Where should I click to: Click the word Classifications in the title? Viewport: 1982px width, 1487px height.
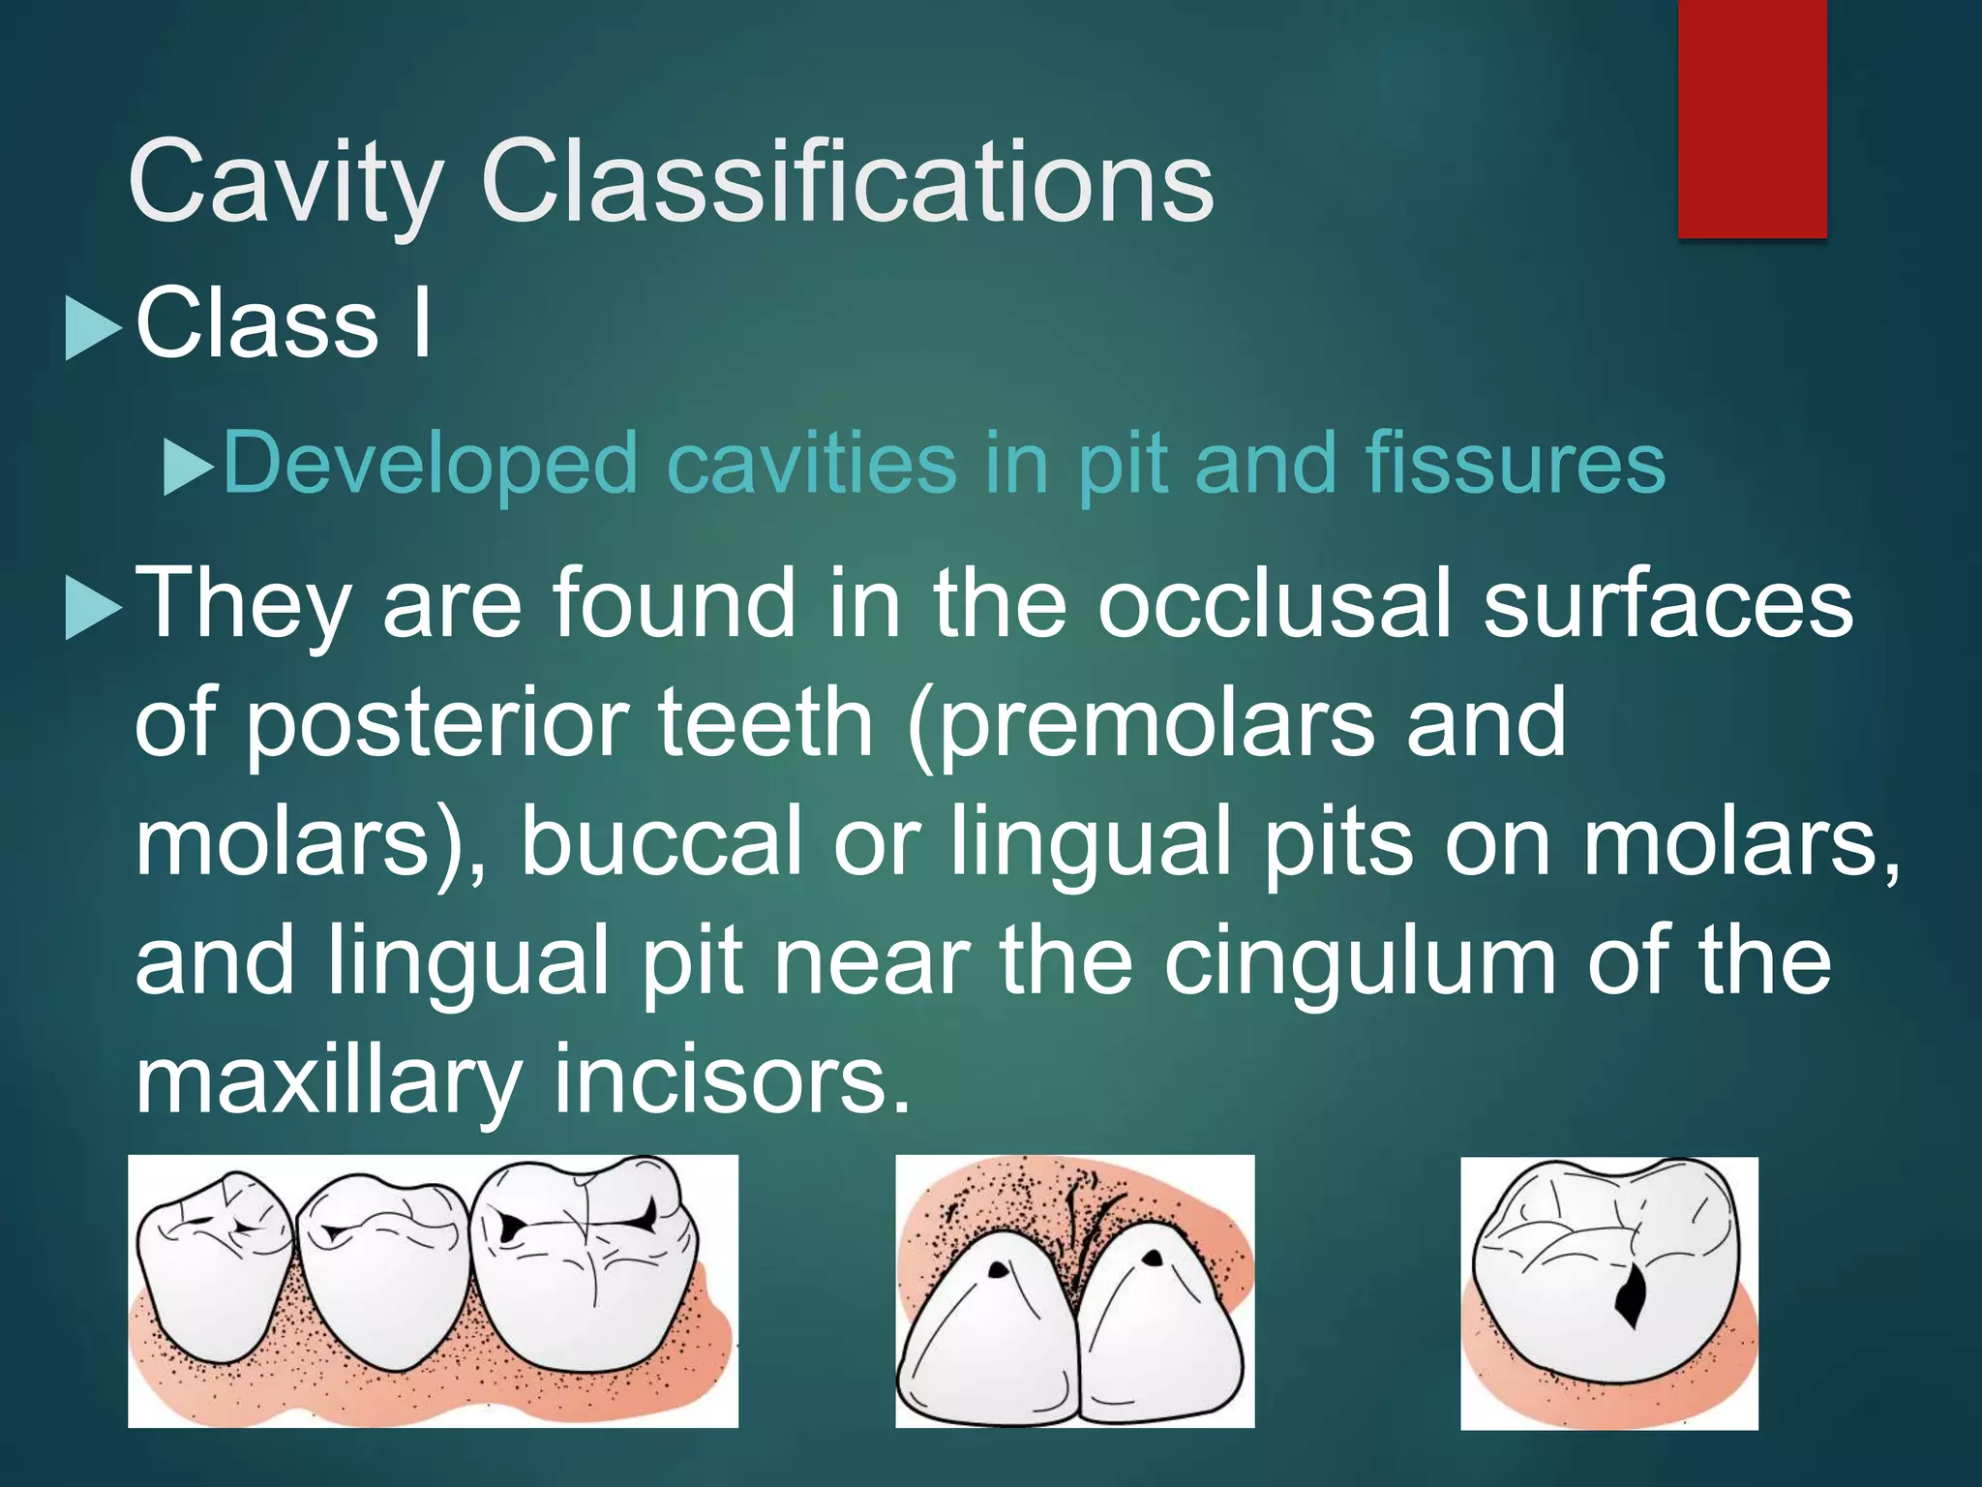(847, 182)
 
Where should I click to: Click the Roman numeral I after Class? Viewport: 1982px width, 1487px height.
(421, 323)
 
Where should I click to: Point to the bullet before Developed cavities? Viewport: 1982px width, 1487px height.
(188, 468)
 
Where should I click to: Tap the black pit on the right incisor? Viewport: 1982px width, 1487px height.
(1153, 1259)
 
